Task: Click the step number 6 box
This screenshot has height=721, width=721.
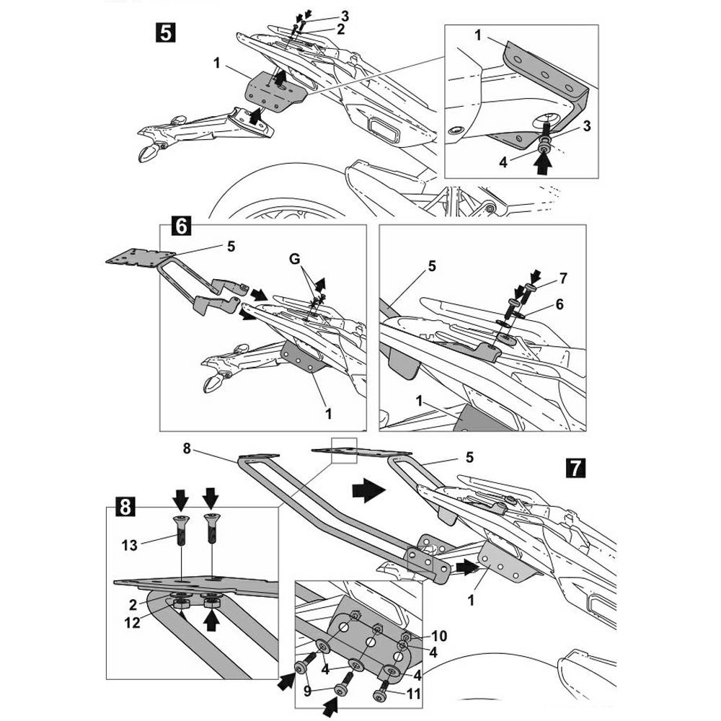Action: pos(180,226)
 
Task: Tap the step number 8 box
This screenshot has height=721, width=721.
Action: pos(124,507)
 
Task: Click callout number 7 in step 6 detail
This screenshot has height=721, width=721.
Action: pos(563,277)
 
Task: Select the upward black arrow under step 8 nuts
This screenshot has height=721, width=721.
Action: pos(212,617)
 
